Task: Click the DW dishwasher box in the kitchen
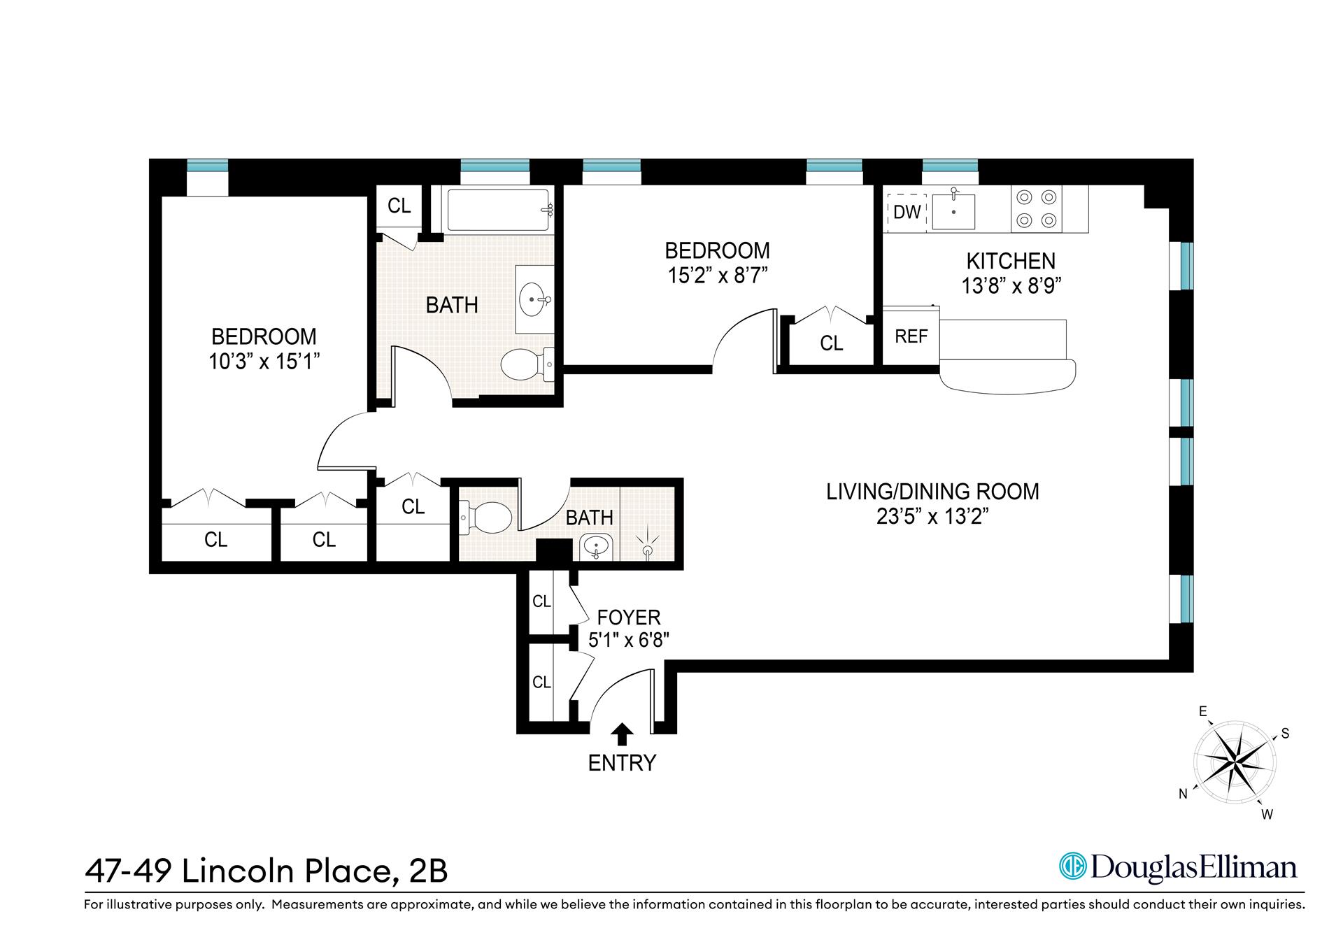tap(907, 211)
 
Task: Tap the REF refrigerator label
tap(911, 336)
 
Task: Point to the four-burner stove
tap(1036, 208)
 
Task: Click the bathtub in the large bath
tap(498, 209)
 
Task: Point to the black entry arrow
tap(622, 734)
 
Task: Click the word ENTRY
tap(622, 763)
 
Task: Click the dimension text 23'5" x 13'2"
tap(932, 517)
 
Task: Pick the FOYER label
tap(628, 618)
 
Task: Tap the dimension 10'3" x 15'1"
tap(264, 362)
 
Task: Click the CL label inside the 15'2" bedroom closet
tap(831, 343)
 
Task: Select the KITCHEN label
tap(1011, 261)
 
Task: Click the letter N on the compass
tap(1184, 794)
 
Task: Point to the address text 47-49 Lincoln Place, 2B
tap(266, 871)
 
